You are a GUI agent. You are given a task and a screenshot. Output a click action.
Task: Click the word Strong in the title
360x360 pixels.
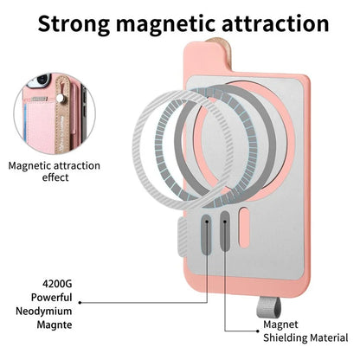(74, 23)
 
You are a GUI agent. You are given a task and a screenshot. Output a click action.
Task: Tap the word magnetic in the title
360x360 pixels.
(165, 25)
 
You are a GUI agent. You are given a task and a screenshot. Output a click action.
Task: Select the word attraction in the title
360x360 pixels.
(275, 23)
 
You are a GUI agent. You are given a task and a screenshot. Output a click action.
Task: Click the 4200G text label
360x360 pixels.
(57, 284)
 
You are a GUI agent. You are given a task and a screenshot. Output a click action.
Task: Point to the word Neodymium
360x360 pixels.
(44, 312)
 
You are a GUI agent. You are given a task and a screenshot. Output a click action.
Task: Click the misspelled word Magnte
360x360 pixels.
(55, 325)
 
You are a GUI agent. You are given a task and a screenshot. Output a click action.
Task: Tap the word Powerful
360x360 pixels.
(52, 298)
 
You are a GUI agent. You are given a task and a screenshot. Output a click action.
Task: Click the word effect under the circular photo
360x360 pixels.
(55, 177)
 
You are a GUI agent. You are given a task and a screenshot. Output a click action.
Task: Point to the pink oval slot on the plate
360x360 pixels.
(244, 228)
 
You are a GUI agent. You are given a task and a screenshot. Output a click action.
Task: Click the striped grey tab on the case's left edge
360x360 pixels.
(183, 238)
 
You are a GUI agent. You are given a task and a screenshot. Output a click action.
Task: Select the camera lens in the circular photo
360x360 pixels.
(43, 79)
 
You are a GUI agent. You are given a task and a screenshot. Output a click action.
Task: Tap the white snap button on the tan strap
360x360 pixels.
(60, 98)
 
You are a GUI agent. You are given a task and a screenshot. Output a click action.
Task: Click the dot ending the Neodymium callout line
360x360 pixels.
(80, 303)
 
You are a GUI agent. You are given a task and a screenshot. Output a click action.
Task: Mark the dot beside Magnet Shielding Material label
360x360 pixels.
(258, 331)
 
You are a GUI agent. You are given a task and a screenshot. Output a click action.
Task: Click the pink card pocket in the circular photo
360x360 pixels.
(41, 124)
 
